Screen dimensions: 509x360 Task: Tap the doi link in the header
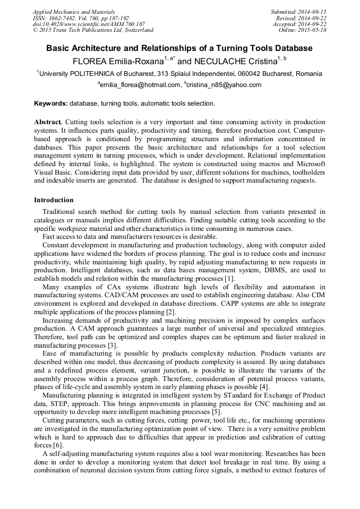click(x=89, y=24)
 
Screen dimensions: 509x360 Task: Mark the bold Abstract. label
click(x=48, y=122)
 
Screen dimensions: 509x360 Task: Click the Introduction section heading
click(x=54, y=200)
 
